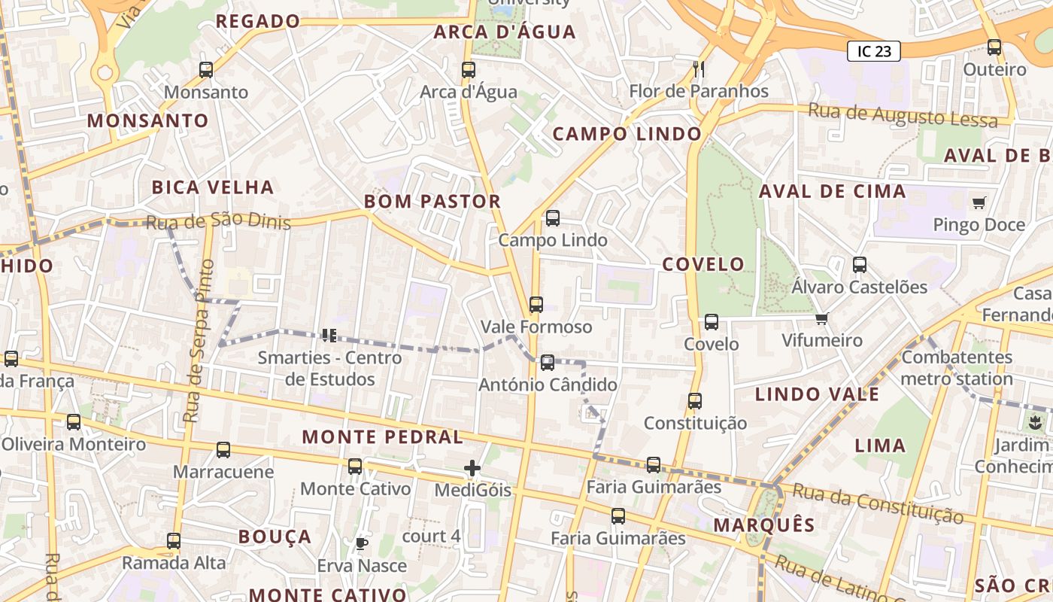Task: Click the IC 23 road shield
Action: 874,51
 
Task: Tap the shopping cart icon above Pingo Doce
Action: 979,202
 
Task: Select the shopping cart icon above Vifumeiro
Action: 821,318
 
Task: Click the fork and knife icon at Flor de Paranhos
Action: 699,69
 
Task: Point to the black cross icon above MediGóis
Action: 472,469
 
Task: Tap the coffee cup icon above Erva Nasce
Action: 361,543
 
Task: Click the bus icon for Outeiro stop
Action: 994,47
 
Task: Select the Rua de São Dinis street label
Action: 218,222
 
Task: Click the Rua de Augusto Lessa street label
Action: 903,116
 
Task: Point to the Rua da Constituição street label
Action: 878,503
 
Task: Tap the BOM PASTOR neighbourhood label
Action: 432,202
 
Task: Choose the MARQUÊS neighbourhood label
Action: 763,525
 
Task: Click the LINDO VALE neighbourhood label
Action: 817,394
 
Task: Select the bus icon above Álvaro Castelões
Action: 860,265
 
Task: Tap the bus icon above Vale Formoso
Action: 536,305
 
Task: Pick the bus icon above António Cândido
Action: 548,363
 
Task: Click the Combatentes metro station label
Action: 957,367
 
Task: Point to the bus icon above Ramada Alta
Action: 174,540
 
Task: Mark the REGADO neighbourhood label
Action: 258,21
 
